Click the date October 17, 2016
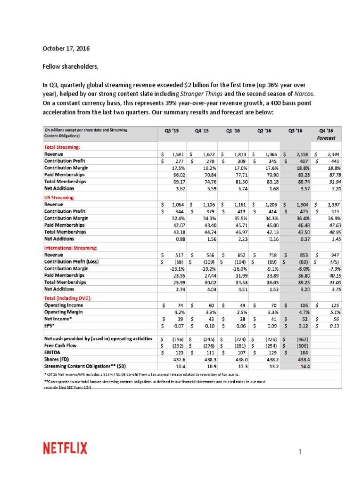click(66, 48)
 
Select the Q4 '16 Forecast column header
click(327, 134)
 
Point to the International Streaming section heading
click(71, 247)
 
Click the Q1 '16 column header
click(230, 131)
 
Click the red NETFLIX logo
click(65, 448)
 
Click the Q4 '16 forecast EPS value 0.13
click(334, 326)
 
